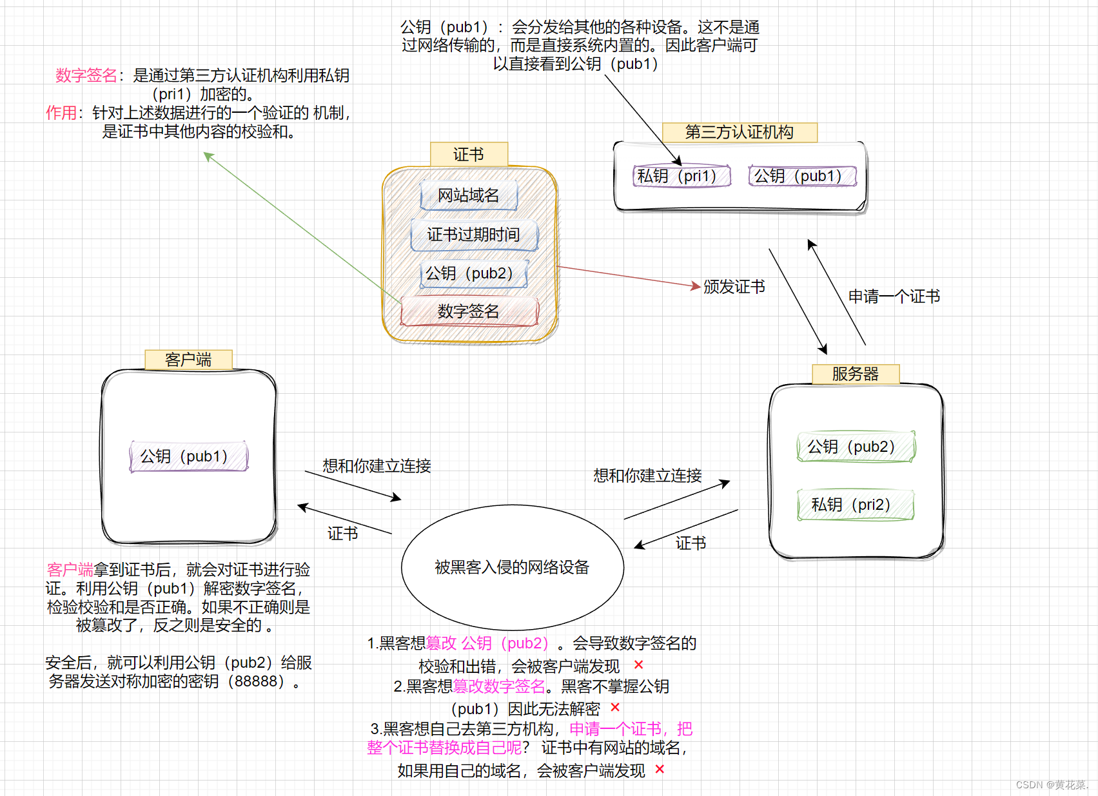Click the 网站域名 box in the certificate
point(469,195)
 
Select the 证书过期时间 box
point(474,235)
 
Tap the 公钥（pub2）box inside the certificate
point(474,273)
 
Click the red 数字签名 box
point(469,311)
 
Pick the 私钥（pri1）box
point(681,176)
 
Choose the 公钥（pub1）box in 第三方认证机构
point(802,176)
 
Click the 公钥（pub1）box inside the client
point(188,456)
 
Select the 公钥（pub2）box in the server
point(856,447)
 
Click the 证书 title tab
point(469,155)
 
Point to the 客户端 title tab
point(188,360)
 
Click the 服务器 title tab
point(856,374)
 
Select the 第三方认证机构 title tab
point(740,132)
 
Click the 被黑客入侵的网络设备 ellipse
point(512,567)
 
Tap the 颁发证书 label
point(734,287)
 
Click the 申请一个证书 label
point(894,296)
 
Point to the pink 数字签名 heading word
point(86,75)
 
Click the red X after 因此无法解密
point(615,708)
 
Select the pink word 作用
point(61,113)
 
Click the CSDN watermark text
point(1051,784)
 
